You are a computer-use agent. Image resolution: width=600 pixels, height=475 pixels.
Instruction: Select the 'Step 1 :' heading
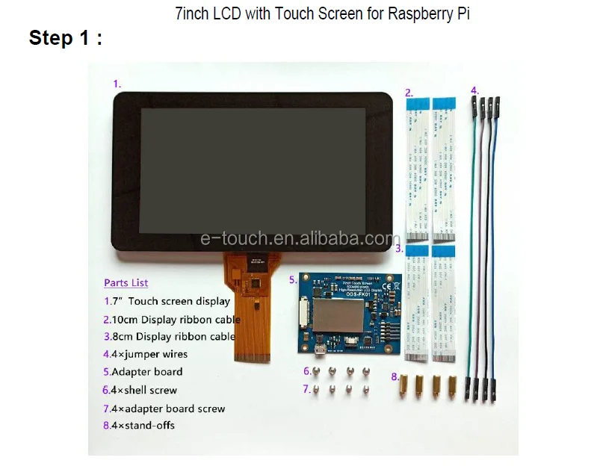[66, 39]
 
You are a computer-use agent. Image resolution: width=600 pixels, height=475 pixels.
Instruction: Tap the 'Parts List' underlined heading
[126, 283]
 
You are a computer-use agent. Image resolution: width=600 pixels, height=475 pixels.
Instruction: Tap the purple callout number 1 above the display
[117, 84]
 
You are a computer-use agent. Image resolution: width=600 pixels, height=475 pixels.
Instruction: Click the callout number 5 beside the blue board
[293, 280]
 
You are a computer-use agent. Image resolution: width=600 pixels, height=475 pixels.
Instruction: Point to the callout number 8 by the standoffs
[395, 377]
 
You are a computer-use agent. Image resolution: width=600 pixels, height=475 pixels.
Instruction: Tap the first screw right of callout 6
[317, 371]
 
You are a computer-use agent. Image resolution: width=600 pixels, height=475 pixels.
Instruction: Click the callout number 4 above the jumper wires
[474, 91]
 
